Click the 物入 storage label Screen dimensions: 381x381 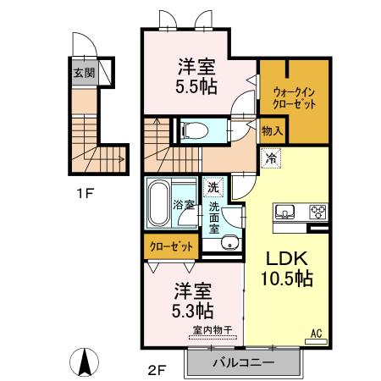pyautogui.click(x=272, y=131)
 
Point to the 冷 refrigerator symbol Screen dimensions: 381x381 pyautogui.click(x=271, y=157)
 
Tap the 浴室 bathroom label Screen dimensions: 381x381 pyautogui.click(x=184, y=205)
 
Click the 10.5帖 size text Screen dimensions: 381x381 pyautogui.click(x=288, y=279)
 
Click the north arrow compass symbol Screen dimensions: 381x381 pyautogui.click(x=85, y=364)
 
